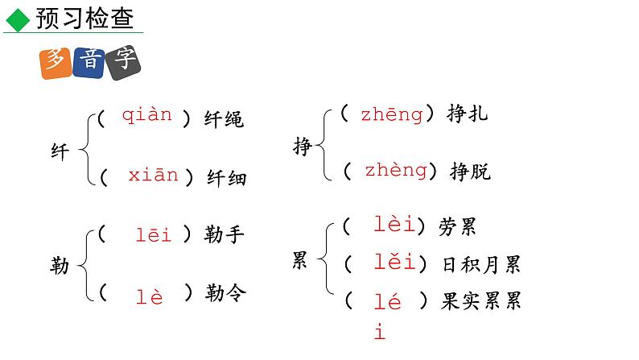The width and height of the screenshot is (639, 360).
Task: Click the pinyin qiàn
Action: (x=146, y=115)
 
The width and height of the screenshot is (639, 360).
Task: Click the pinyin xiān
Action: (x=153, y=176)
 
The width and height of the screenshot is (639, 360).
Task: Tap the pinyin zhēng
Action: (x=391, y=114)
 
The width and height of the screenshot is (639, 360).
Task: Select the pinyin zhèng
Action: (x=395, y=170)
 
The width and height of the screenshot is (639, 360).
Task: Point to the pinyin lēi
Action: (x=154, y=235)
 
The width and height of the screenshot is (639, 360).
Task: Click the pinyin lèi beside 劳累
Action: (x=394, y=225)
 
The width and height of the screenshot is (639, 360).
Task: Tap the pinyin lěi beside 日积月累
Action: (x=394, y=262)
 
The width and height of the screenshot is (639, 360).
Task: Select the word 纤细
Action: (x=226, y=178)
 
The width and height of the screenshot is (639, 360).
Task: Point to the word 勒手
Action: (x=225, y=235)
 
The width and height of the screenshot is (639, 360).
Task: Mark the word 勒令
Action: (x=225, y=294)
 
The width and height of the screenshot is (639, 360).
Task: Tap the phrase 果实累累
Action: (x=481, y=301)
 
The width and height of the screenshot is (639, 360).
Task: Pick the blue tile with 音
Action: (x=88, y=64)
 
